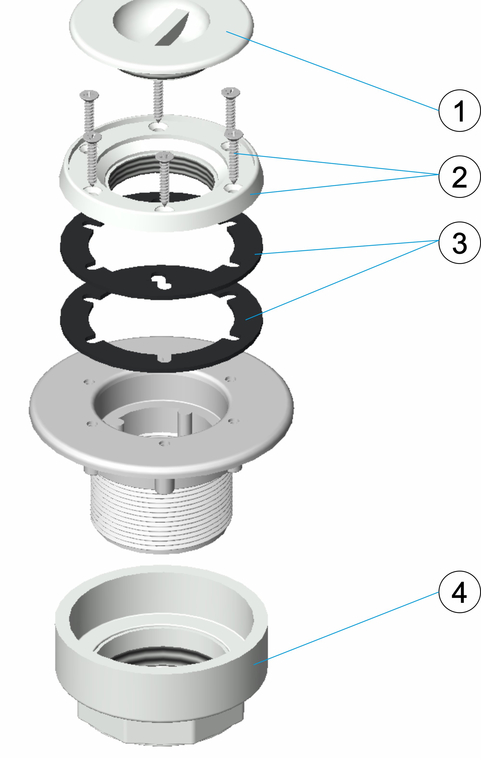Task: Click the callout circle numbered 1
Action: [x=460, y=110]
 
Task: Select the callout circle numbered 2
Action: [x=460, y=177]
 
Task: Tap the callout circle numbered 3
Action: [x=460, y=243]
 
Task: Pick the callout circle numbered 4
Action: [x=460, y=592]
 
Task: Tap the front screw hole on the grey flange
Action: [x=164, y=443]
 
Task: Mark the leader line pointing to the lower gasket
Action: [x=342, y=280]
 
